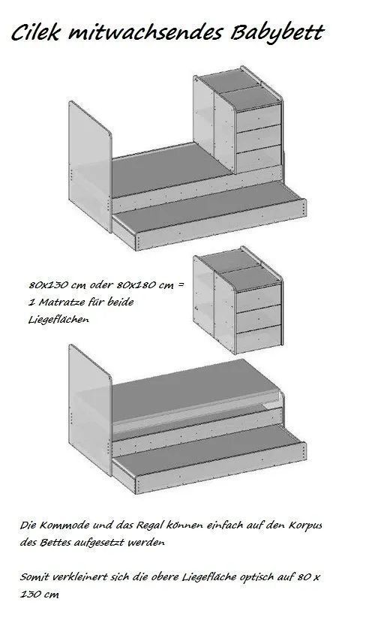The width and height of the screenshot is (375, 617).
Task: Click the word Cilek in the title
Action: click(x=35, y=32)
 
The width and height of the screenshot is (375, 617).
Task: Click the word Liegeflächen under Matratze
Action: click(x=58, y=320)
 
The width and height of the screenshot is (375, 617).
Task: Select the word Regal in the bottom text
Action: click(x=149, y=525)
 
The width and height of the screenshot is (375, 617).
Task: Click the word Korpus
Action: click(x=305, y=525)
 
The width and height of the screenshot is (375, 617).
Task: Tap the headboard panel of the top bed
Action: click(x=90, y=167)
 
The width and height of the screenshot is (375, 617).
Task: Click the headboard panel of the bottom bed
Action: click(x=90, y=410)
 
